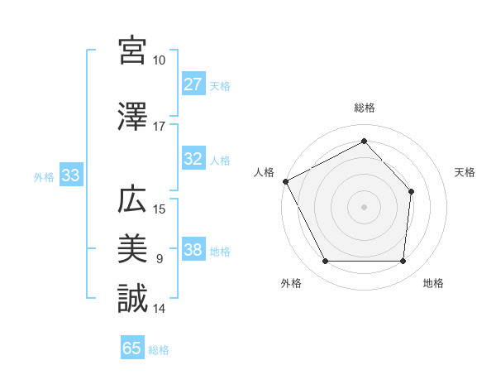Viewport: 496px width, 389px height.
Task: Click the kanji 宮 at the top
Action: click(x=132, y=50)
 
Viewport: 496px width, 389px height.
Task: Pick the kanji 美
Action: click(x=132, y=248)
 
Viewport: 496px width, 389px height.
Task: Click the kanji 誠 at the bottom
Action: click(x=132, y=298)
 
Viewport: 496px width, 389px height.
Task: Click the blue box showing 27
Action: click(x=193, y=84)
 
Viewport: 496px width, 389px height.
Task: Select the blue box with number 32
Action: click(x=193, y=160)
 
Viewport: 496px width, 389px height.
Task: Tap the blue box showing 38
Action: click(x=193, y=251)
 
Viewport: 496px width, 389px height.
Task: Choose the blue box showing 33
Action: click(x=70, y=176)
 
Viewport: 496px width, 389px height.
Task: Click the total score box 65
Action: click(x=132, y=348)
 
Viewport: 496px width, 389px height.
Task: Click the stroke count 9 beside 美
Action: click(x=159, y=259)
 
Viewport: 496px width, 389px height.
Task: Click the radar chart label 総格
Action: click(x=364, y=108)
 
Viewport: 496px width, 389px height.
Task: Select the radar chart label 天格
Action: click(x=465, y=172)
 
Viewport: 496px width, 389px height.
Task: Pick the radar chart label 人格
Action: click(x=265, y=172)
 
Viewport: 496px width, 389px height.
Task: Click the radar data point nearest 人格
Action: click(x=285, y=181)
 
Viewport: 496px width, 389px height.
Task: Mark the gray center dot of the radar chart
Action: click(x=364, y=206)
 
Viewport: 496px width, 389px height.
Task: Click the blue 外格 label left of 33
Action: click(x=43, y=176)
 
